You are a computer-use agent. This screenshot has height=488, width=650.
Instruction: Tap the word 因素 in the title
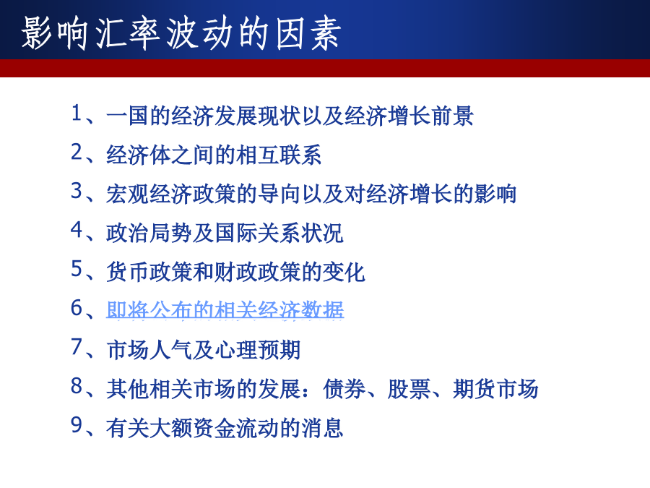(308, 33)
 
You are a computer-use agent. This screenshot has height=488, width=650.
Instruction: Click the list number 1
(77, 113)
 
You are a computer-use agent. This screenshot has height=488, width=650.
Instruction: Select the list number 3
(77, 191)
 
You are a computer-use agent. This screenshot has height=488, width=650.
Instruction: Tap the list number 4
(77, 230)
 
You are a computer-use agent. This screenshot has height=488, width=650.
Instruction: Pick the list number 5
(77, 269)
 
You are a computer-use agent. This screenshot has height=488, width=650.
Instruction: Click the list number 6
(77, 308)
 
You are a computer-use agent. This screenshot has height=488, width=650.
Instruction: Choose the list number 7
(77, 347)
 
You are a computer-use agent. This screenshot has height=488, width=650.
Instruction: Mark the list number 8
(77, 386)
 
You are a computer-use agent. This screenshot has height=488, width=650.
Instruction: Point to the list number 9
(77, 425)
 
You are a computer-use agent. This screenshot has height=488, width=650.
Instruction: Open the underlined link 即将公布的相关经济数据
(225, 310)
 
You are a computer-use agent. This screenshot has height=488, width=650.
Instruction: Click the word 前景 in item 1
(452, 116)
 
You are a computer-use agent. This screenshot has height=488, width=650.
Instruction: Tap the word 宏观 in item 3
(128, 194)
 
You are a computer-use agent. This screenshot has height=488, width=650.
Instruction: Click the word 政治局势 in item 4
(149, 233)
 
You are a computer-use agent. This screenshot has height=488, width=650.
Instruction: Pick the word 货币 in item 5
(128, 272)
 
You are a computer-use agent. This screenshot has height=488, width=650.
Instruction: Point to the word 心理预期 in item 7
(257, 350)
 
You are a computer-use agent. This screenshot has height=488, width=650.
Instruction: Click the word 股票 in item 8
(409, 389)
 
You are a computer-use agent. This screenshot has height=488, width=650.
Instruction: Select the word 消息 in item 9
(322, 428)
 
